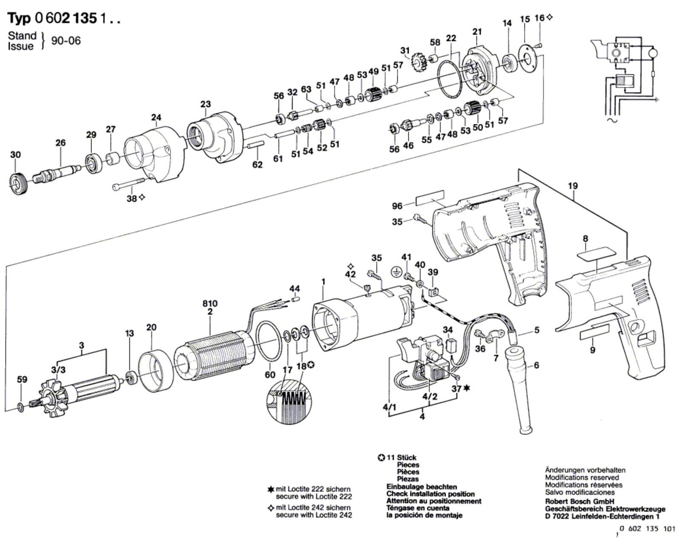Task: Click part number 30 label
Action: coord(15,155)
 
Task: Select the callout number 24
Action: coord(156,117)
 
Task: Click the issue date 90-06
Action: coord(66,41)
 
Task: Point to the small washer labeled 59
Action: coord(20,408)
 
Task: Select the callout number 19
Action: coord(573,186)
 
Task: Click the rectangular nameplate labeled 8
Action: coord(596,254)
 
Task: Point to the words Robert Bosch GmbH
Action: coord(579,502)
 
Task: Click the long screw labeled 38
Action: coord(129,184)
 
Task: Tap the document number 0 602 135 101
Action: coord(647,528)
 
